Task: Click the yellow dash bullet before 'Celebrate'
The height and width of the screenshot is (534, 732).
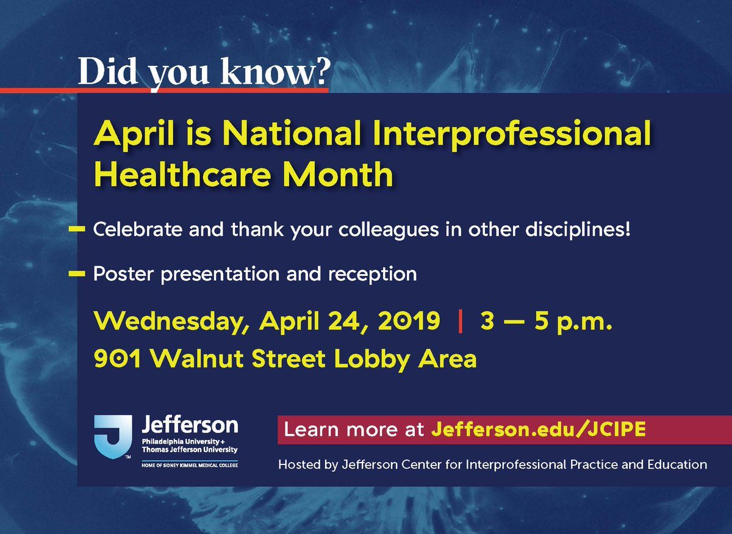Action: pos(77,229)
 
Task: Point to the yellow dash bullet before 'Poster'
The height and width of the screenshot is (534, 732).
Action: pos(77,273)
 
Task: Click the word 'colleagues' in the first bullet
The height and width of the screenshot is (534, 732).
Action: pos(388,230)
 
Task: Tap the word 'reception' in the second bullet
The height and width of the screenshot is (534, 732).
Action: pos(373,275)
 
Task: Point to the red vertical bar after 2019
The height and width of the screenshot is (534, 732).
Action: pos(460,321)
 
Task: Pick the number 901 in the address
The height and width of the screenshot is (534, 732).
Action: pos(117,358)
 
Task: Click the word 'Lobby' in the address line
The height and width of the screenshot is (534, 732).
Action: pos(372,359)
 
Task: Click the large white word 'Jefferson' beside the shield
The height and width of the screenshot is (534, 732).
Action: pos(190,424)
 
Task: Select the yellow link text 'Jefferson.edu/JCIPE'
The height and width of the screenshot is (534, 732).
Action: pos(538,429)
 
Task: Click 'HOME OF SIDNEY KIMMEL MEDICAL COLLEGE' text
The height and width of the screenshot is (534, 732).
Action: pos(190,465)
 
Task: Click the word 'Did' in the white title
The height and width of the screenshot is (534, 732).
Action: pos(107,71)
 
